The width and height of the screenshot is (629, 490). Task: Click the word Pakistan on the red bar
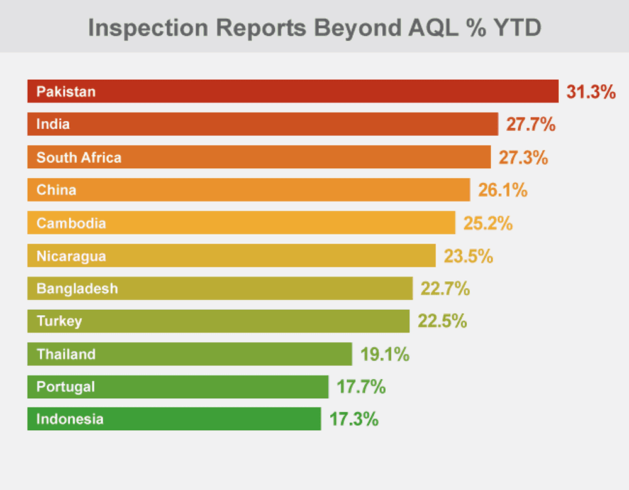tap(66, 92)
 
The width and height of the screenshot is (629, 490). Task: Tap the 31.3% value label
tap(591, 92)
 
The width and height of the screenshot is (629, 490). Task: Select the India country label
tap(53, 124)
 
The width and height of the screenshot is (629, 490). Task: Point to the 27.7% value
tap(531, 124)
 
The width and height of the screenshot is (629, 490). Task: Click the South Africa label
tap(79, 158)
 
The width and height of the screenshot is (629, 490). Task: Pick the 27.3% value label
tap(523, 158)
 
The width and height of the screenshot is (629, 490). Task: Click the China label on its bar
tap(56, 190)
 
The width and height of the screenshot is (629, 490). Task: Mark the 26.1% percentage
tap(503, 190)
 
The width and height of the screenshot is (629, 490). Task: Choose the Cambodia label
tap(71, 223)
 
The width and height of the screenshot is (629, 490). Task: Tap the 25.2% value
tap(488, 223)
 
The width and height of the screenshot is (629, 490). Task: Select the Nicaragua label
tap(71, 256)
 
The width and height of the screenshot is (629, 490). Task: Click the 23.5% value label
tap(468, 256)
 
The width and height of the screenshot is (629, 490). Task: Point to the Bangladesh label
tap(77, 288)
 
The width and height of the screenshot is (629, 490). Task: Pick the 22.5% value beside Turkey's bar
tap(442, 321)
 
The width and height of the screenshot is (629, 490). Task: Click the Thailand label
tap(66, 354)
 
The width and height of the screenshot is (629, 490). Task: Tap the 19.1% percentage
tap(385, 354)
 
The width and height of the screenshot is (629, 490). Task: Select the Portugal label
tap(65, 386)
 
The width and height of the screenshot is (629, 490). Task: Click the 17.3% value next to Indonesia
tap(353, 419)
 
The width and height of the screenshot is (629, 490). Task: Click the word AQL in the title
tap(433, 28)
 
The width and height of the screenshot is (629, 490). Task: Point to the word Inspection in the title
tap(148, 28)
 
